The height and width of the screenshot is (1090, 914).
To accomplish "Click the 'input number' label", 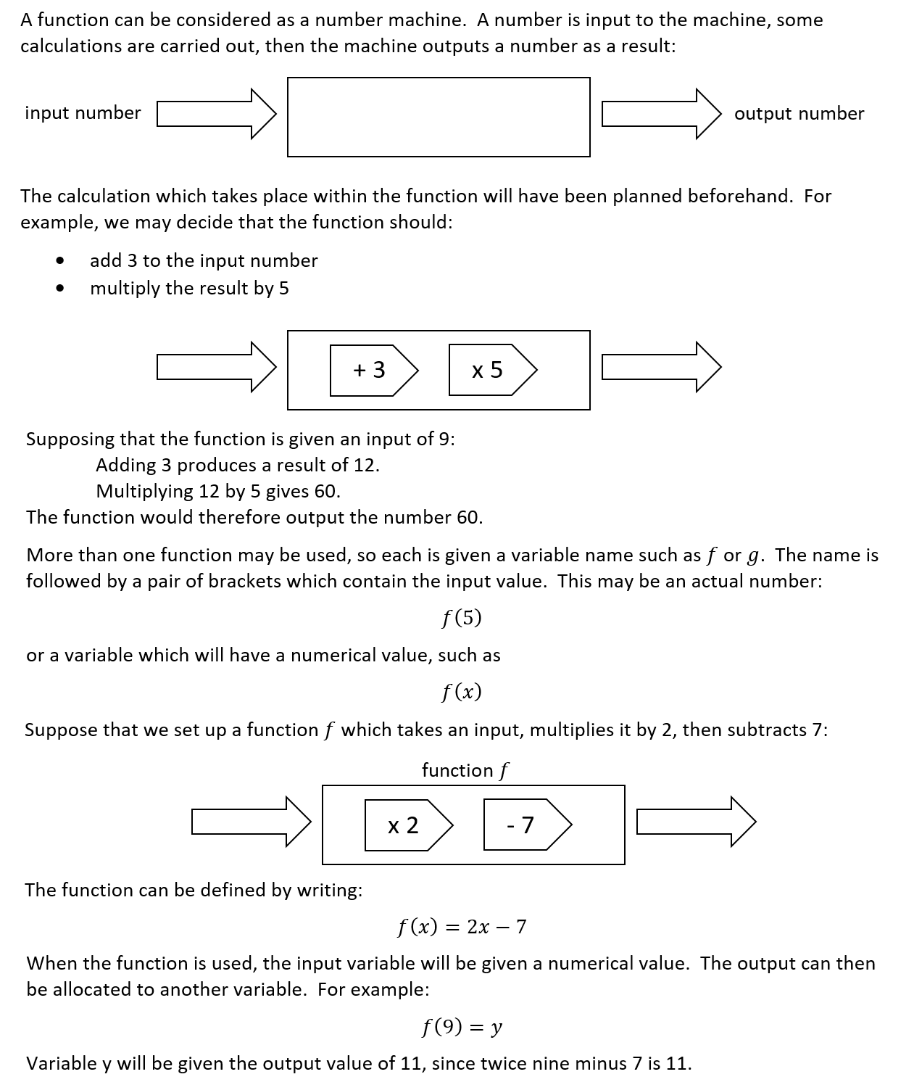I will coord(83,113).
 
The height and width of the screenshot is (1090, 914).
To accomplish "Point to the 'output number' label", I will coord(799,114).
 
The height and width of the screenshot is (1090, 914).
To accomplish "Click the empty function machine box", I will coord(439,117).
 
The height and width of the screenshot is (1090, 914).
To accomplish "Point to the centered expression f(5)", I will coord(462,618).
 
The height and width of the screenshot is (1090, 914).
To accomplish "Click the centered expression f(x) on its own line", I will coord(462,692).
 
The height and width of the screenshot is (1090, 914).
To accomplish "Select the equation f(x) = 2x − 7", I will coord(462,927).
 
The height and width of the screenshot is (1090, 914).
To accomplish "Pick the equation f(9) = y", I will coord(462,1027).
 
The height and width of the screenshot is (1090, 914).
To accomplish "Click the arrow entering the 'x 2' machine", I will coord(251,822).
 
